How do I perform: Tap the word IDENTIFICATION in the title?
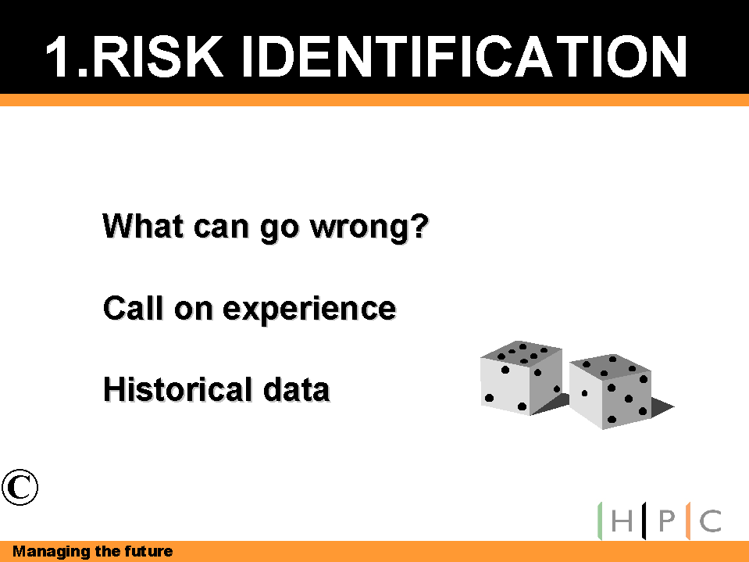click(x=464, y=56)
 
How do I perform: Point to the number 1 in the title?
click(x=57, y=56)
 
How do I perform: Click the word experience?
click(x=309, y=310)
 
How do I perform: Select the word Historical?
click(x=177, y=388)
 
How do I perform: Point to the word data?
click(x=296, y=388)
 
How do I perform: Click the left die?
click(x=521, y=378)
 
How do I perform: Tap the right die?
click(x=611, y=392)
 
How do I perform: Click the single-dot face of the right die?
click(x=585, y=394)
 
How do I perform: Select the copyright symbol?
click(x=20, y=487)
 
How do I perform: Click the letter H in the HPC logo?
click(x=622, y=521)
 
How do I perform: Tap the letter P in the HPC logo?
click(x=667, y=521)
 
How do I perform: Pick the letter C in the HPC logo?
click(x=711, y=521)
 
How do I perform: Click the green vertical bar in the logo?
click(x=600, y=521)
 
